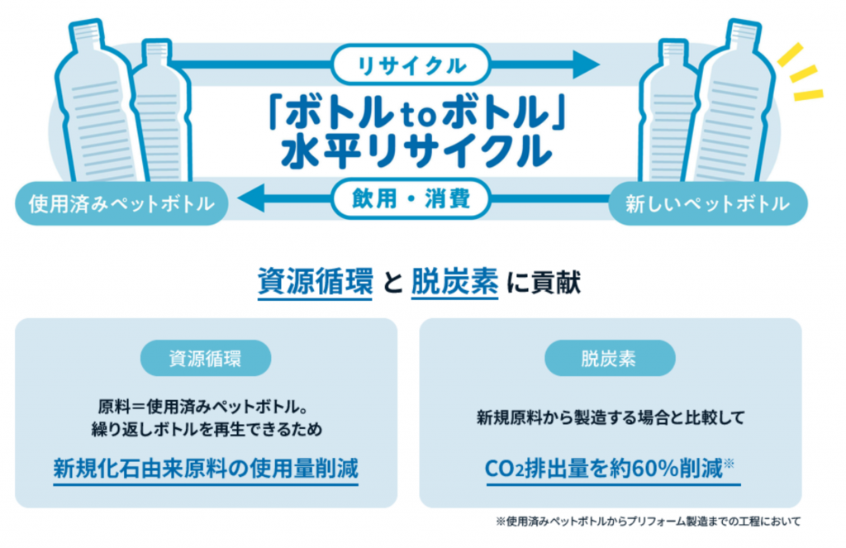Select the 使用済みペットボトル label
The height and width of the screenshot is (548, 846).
click(121, 203)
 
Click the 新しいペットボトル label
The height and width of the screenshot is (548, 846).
click(707, 203)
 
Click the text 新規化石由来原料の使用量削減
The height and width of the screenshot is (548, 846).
click(206, 469)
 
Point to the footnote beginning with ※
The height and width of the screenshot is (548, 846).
click(648, 522)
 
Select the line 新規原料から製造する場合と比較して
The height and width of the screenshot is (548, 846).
click(610, 417)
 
